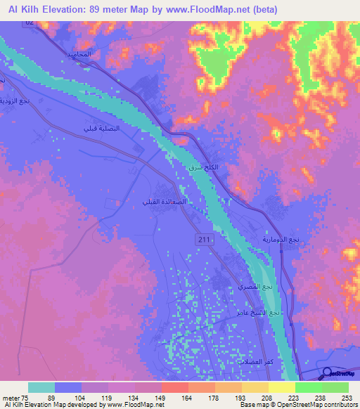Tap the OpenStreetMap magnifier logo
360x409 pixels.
click(x=326, y=373)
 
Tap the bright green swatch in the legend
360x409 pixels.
click(x=308, y=387)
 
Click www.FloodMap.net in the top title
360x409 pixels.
click(x=214, y=10)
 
